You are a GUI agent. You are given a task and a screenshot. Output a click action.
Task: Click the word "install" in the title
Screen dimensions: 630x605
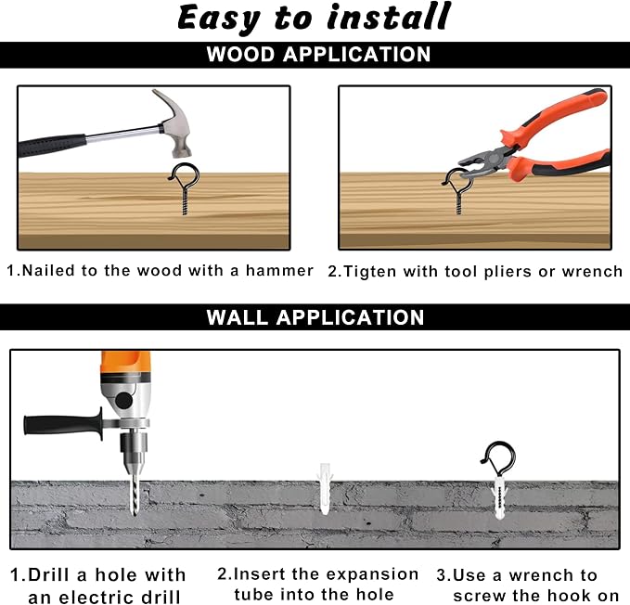[x=389, y=17]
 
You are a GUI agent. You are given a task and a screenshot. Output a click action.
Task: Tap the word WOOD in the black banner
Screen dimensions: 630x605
[x=240, y=54]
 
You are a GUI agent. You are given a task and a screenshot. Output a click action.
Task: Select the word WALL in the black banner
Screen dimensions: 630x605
[x=237, y=317]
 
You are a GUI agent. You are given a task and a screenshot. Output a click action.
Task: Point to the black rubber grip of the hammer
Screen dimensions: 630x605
[x=52, y=145]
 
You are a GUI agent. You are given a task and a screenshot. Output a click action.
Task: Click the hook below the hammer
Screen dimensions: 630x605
[x=184, y=187]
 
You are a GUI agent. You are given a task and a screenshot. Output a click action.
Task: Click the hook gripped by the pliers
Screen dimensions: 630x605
[x=457, y=191]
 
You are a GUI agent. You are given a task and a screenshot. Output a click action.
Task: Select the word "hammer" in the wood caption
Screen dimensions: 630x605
[x=279, y=270]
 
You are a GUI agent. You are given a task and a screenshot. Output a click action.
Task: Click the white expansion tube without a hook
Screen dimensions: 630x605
[x=325, y=488]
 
